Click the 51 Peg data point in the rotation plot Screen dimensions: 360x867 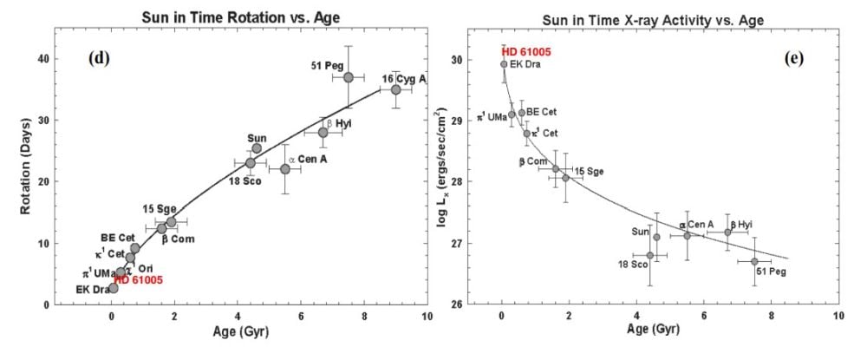click(x=349, y=77)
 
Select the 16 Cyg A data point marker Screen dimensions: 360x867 click(x=396, y=89)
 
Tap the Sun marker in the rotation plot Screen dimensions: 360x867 click(x=257, y=148)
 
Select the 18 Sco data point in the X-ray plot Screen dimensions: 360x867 click(x=649, y=255)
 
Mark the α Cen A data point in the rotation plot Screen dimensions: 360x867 click(x=285, y=168)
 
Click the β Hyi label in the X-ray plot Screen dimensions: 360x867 click(x=740, y=224)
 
